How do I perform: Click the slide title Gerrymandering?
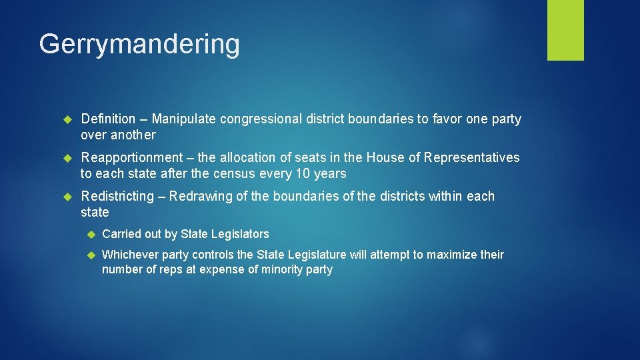pyautogui.click(x=139, y=45)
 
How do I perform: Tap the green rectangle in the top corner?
pyautogui.click(x=565, y=29)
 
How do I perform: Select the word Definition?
pyautogui.click(x=108, y=119)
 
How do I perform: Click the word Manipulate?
pyautogui.click(x=184, y=119)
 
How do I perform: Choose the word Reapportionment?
pyautogui.click(x=131, y=158)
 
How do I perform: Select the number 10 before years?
pyautogui.click(x=302, y=174)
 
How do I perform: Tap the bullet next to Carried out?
pyautogui.click(x=91, y=235)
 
